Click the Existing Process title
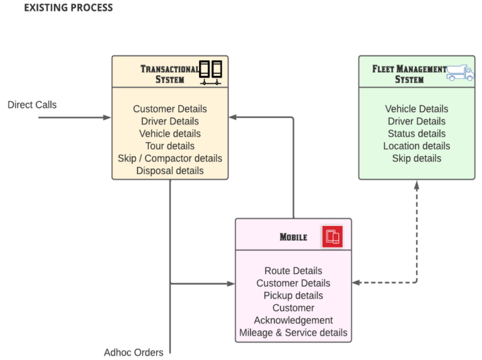point(68,8)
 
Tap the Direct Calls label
point(32,105)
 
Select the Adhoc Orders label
point(134,352)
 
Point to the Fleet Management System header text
point(409,74)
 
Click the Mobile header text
point(293,237)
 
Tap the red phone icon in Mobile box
point(333,236)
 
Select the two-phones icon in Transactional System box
point(211,73)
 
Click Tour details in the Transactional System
point(169,146)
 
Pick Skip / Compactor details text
point(169,158)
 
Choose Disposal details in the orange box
point(169,171)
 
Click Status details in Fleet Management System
point(417,134)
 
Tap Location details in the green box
point(417,146)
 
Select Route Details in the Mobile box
point(293,271)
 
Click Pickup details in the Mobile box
point(293,295)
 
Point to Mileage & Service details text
point(293,333)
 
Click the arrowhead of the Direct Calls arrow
point(108,117)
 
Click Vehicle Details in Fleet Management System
point(417,109)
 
